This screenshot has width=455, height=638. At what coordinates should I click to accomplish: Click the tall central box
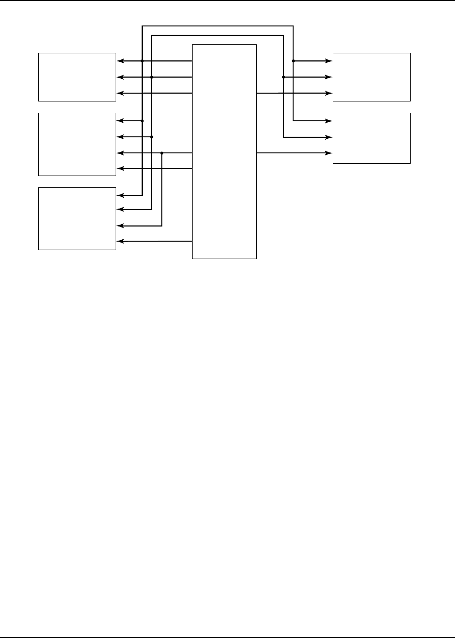point(224,151)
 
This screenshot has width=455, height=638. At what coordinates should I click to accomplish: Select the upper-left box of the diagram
point(77,77)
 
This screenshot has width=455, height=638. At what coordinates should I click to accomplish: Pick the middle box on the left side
point(77,144)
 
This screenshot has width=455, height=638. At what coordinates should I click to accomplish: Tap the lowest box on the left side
point(77,218)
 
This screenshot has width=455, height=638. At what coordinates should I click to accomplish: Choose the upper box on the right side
point(371,77)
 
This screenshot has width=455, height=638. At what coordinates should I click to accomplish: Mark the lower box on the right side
point(371,138)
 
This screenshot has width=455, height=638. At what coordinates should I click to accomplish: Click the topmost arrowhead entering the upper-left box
point(119,61)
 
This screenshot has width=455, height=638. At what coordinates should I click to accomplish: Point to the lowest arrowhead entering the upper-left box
point(119,93)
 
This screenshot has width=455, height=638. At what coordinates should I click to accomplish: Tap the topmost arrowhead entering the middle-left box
point(119,121)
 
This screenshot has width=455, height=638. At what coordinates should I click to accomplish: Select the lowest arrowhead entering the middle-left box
point(119,168)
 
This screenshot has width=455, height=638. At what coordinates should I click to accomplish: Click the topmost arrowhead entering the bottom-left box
point(119,195)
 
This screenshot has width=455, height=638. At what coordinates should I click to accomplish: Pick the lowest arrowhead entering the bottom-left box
point(119,241)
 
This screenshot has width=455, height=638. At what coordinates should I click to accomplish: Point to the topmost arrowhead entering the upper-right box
point(329,61)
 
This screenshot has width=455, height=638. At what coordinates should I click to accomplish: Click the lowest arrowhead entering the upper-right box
point(329,93)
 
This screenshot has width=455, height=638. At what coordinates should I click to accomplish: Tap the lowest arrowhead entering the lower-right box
point(329,153)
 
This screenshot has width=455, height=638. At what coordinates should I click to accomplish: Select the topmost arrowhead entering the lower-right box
point(329,121)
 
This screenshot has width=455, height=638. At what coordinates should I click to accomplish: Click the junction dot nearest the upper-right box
point(293,61)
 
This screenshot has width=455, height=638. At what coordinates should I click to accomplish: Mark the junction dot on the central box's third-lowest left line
point(162,153)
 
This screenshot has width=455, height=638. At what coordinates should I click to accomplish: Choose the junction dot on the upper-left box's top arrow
point(142,61)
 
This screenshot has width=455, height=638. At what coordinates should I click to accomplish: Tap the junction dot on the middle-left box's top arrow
point(142,121)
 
